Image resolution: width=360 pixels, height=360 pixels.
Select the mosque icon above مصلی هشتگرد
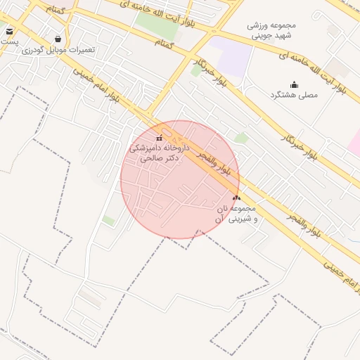tap(294, 84)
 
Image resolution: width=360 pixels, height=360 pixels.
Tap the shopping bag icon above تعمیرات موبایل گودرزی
tap(57, 39)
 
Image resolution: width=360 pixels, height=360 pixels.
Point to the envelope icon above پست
tap(9, 31)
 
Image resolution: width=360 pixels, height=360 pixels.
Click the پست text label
tap(8, 41)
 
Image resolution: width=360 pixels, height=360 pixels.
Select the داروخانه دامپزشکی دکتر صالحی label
tap(156, 154)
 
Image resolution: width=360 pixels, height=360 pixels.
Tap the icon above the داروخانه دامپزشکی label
tap(158, 138)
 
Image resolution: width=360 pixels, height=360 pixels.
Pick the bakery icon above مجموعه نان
tap(236, 198)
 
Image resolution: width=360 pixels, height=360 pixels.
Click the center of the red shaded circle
tap(180, 179)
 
